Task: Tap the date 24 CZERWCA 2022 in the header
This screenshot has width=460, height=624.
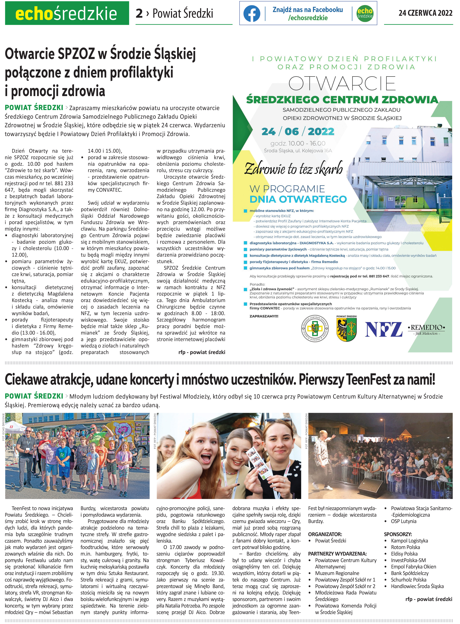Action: tap(425, 13)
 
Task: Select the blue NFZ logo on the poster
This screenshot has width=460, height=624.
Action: tap(383, 330)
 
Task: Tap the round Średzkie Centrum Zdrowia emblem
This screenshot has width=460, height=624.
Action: tap(315, 329)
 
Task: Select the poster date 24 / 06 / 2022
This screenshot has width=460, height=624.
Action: tap(298, 131)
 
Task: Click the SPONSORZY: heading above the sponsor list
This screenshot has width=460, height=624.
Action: tap(398, 534)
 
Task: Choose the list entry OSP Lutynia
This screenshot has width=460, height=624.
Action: tap(404, 521)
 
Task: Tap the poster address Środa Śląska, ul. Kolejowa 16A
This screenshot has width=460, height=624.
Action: tap(298, 151)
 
